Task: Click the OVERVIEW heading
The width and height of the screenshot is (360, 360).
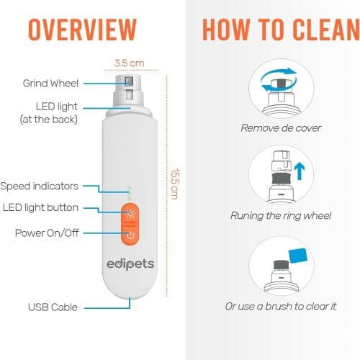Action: (x=82, y=30)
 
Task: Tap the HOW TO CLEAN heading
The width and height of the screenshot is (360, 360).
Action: (x=281, y=30)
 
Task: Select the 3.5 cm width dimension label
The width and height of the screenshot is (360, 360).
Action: (x=130, y=63)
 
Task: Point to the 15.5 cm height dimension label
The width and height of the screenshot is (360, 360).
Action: (x=175, y=184)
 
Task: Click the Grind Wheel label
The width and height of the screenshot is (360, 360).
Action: (x=50, y=84)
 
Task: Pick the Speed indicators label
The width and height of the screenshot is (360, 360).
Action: (x=39, y=186)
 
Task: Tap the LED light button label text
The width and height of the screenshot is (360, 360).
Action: (x=40, y=207)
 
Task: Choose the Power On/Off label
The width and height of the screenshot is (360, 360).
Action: (x=47, y=233)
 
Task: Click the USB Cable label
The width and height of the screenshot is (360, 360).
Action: (x=53, y=307)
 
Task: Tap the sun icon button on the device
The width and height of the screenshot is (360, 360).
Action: (x=130, y=213)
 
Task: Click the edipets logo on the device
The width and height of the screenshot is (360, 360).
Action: (x=130, y=264)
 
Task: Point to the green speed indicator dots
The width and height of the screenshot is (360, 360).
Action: (x=130, y=193)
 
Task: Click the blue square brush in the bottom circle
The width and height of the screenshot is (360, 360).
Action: (x=298, y=256)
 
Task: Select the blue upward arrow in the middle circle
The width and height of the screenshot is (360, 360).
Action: (x=300, y=171)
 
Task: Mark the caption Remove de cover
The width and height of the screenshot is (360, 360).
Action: (x=281, y=128)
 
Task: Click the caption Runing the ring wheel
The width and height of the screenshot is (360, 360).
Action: (x=281, y=215)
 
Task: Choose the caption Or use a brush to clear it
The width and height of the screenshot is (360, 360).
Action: (x=281, y=306)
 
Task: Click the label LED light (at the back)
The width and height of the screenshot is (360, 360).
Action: (x=49, y=113)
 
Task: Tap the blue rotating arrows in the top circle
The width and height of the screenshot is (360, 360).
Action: (x=279, y=79)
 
